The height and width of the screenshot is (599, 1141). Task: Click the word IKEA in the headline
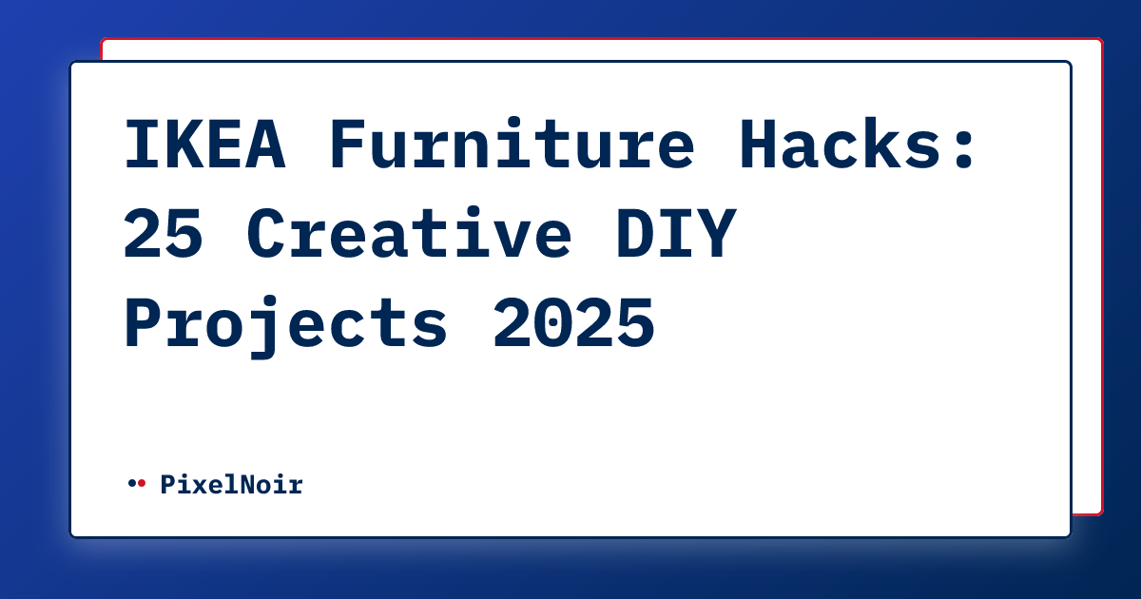205,146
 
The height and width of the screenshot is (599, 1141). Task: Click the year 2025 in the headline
573,323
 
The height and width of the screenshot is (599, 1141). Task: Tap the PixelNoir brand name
231,485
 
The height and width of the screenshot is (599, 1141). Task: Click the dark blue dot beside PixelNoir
131,484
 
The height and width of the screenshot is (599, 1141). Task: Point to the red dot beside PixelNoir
142,484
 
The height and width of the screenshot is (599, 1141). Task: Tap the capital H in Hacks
758,146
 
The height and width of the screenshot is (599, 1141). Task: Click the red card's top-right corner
1100,41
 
